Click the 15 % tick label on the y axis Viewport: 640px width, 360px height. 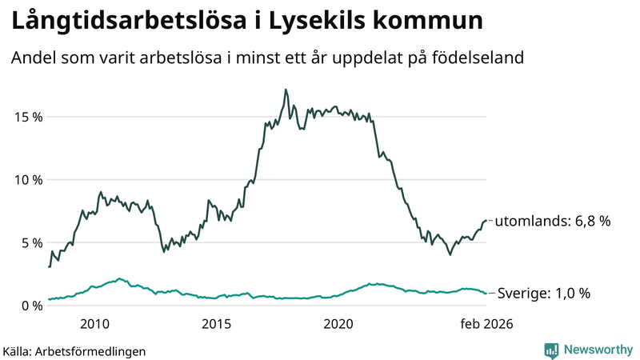pos(26,117)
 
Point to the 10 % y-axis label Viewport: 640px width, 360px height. pos(26,180)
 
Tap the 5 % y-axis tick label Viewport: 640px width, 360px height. pos(30,242)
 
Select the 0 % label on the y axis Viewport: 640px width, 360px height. pos(30,306)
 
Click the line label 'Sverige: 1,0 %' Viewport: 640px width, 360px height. pos(544,294)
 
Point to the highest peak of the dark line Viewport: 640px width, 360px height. pos(286,90)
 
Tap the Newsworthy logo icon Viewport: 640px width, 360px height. pos(551,350)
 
